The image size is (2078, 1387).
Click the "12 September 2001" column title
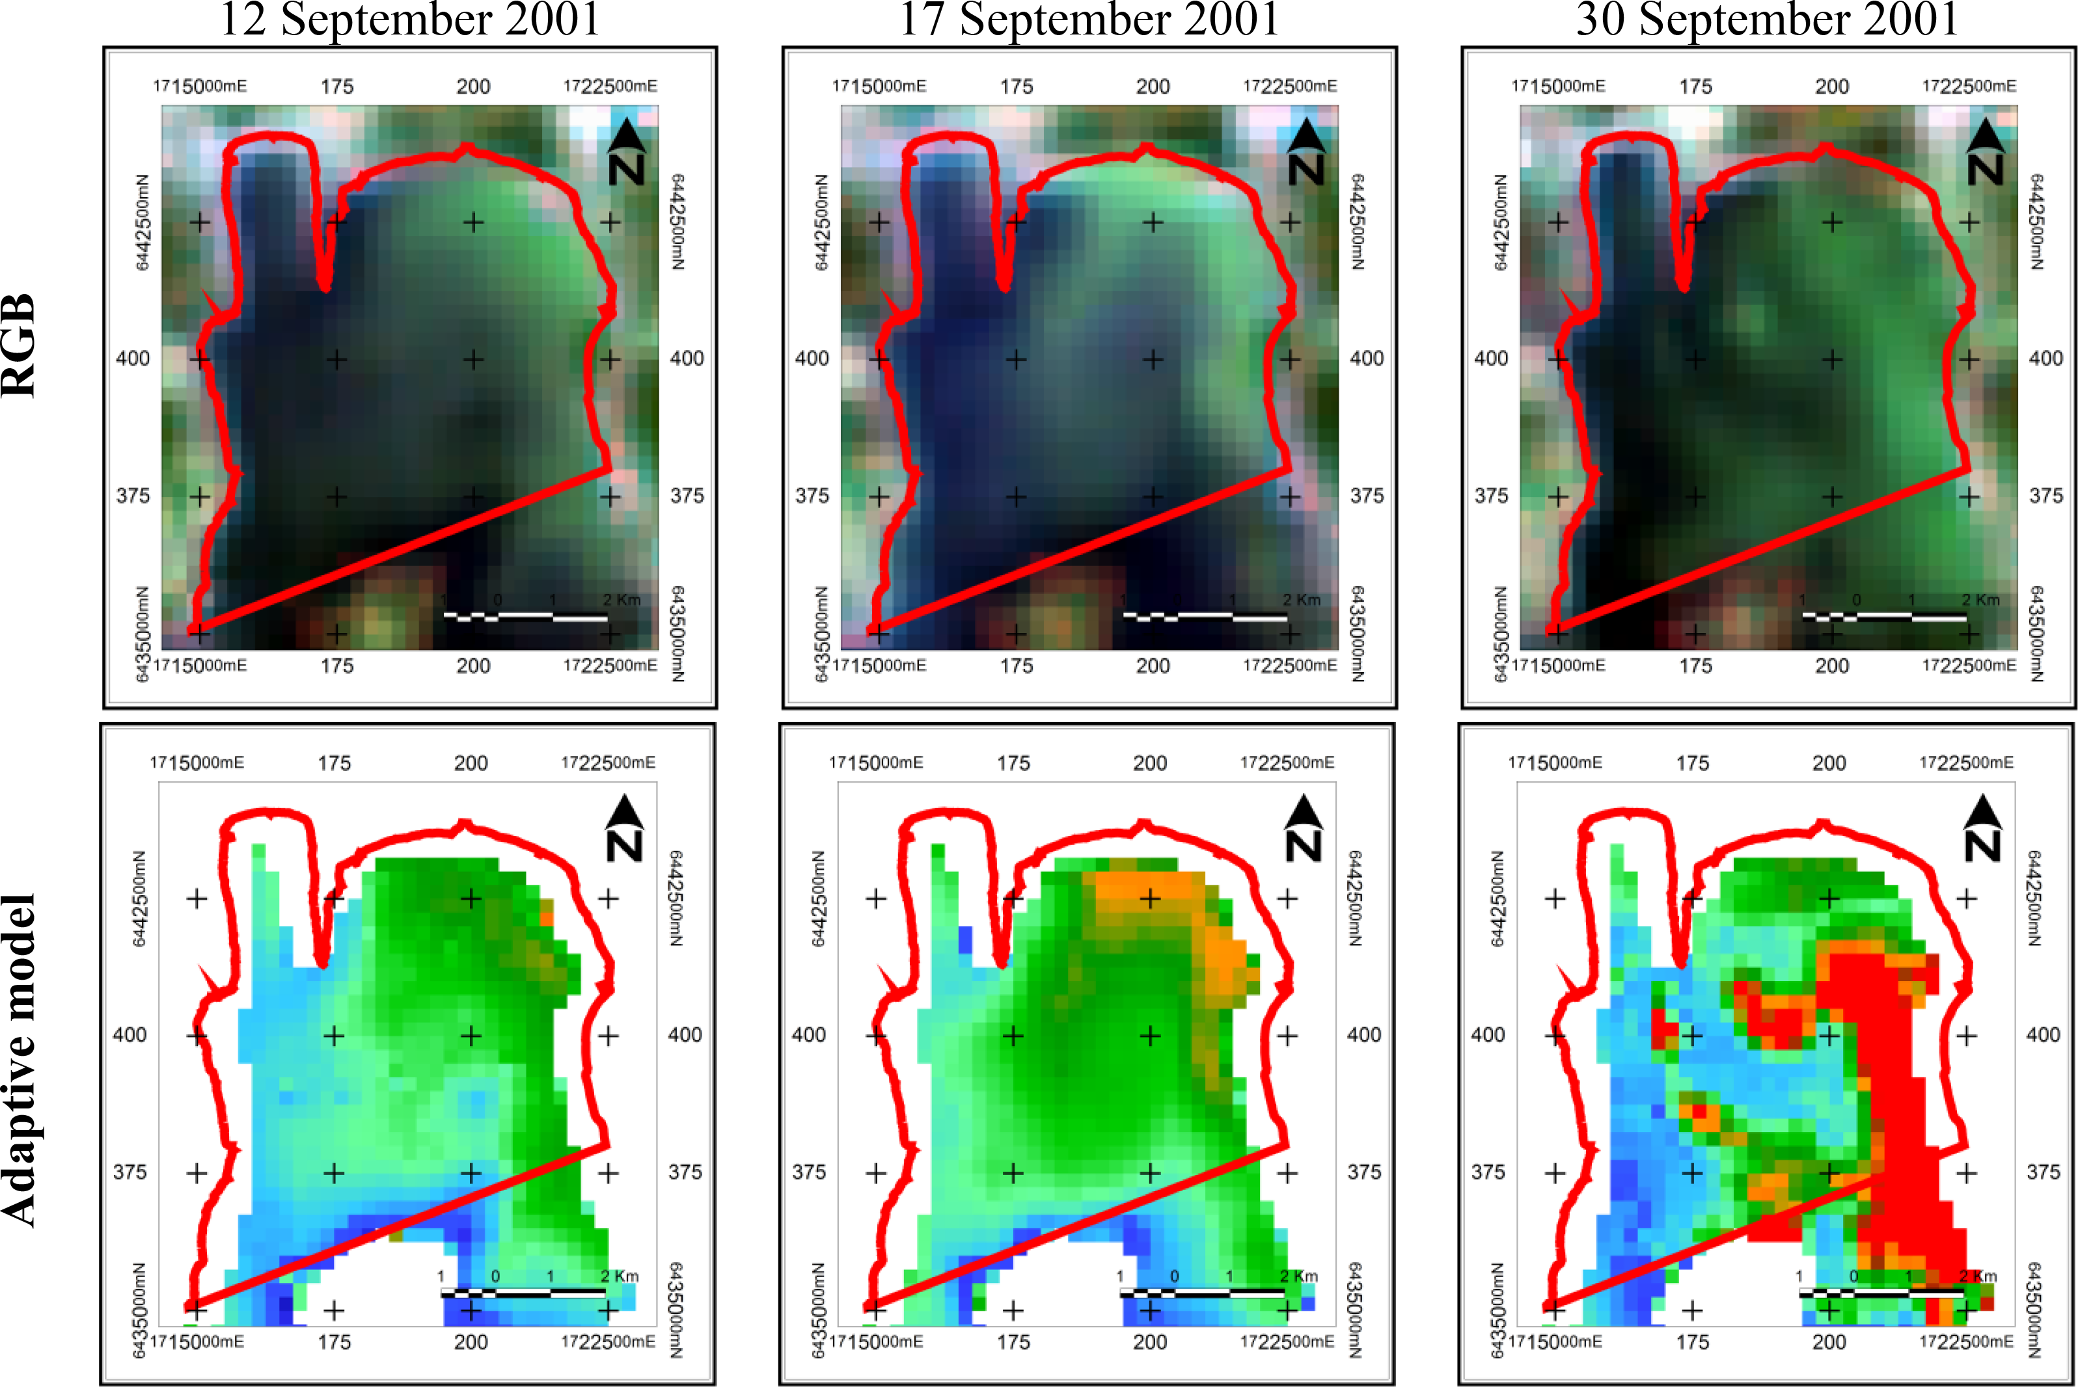click(409, 20)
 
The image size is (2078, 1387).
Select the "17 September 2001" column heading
click(1089, 20)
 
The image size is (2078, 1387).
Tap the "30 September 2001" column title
click(1768, 20)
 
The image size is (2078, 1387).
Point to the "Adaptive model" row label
click(20, 1060)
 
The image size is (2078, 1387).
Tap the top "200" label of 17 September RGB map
click(1153, 87)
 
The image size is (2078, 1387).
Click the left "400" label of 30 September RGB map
click(1490, 358)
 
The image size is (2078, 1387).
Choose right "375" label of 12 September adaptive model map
click(685, 1172)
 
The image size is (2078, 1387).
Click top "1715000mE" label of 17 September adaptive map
click(876, 762)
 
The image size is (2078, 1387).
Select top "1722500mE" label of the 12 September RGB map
click(610, 86)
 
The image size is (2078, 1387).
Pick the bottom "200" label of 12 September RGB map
click(473, 665)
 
